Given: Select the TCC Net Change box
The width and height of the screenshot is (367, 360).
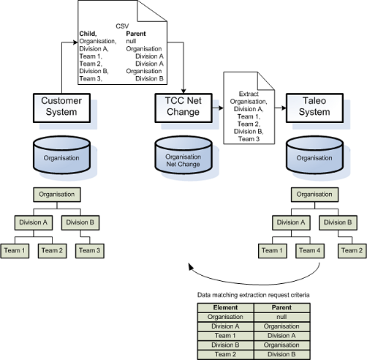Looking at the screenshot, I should pos(182,107).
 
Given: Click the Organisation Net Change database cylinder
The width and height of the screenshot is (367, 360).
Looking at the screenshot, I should pos(182,157).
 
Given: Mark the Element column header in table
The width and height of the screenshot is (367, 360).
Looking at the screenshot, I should pos(225,308).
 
